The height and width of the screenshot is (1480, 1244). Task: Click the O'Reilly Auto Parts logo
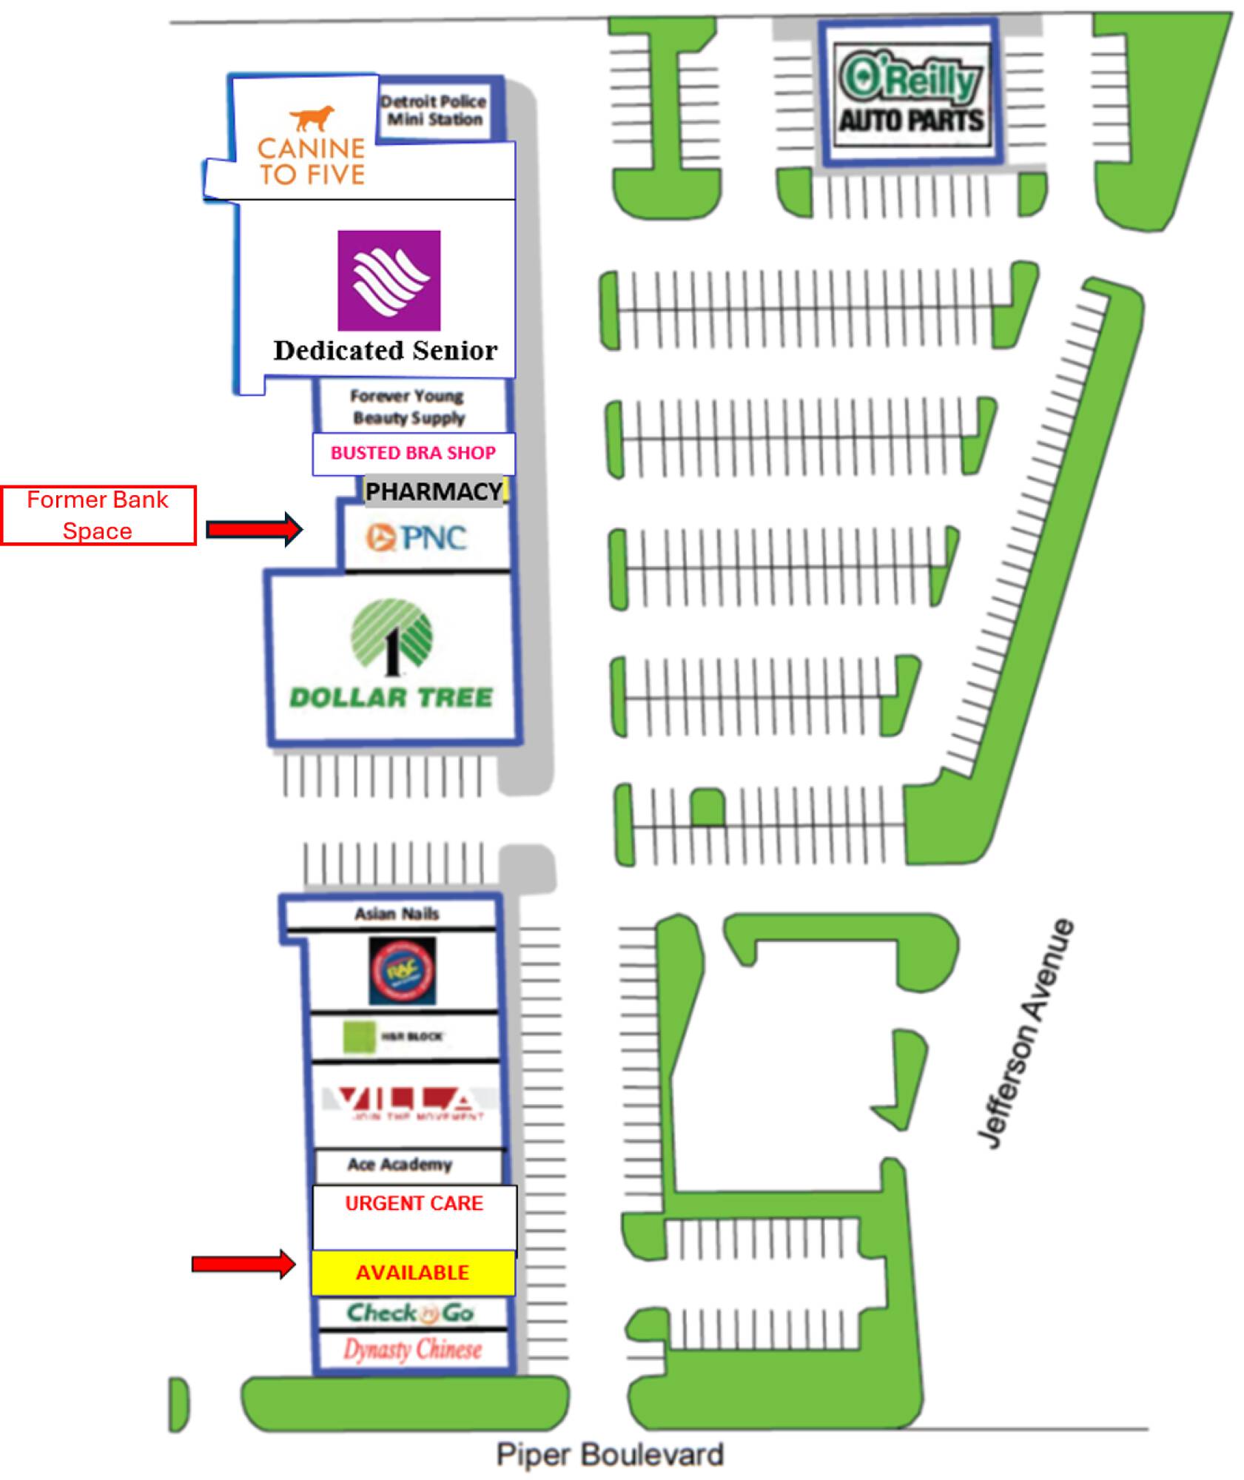(x=911, y=92)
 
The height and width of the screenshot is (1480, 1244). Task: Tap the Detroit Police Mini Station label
(x=434, y=110)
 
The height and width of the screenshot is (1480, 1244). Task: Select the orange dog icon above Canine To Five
(x=311, y=117)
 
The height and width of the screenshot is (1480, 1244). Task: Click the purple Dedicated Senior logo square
(x=389, y=280)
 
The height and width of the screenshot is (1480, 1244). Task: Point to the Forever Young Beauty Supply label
(x=408, y=406)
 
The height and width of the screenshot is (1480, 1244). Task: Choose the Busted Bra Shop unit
(x=413, y=453)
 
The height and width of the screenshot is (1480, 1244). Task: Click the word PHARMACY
(x=434, y=491)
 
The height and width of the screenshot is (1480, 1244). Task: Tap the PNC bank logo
(x=417, y=537)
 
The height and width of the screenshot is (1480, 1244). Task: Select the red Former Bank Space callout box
(x=98, y=515)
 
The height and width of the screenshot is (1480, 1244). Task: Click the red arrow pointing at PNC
(x=254, y=528)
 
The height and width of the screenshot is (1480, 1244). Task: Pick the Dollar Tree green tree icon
(x=391, y=636)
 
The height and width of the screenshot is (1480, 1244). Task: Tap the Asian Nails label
(x=397, y=913)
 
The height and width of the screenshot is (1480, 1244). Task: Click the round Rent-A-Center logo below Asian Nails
(x=402, y=970)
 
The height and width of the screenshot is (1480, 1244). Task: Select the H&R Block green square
(x=360, y=1036)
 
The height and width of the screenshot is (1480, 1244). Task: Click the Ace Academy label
(x=400, y=1164)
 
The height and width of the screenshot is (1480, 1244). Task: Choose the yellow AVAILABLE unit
(x=412, y=1272)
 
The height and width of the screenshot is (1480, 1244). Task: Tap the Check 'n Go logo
(x=411, y=1313)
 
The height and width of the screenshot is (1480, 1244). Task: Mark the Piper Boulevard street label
(x=609, y=1454)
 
